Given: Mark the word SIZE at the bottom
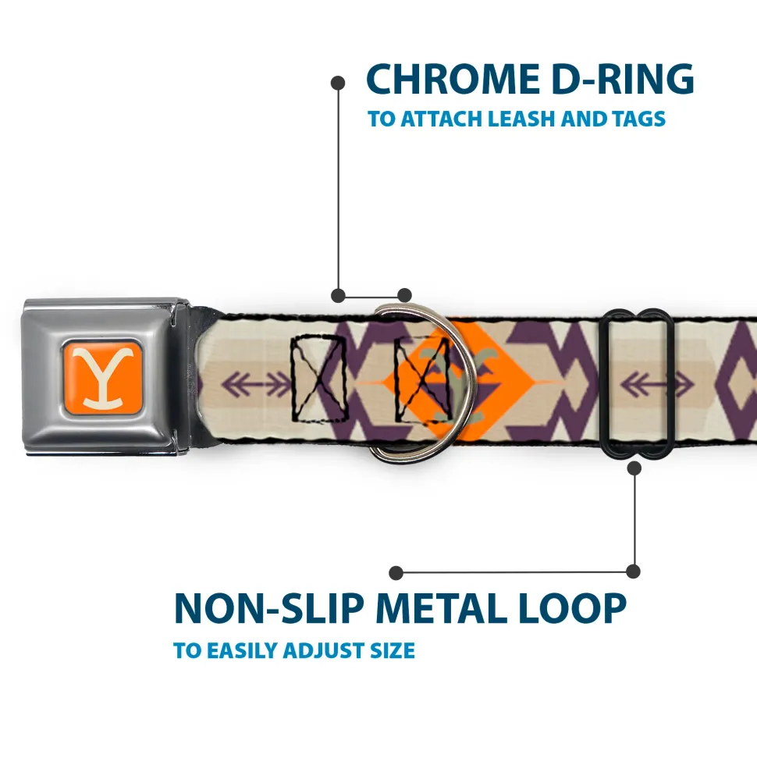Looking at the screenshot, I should coord(392,650).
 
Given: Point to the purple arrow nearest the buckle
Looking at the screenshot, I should coord(256,383).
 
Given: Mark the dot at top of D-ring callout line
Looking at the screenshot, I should coord(338,81).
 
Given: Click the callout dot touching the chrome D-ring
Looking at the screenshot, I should coord(404,295).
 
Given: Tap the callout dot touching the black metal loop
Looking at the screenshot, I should coord(634,468).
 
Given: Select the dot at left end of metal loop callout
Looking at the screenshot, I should coord(396,573).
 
